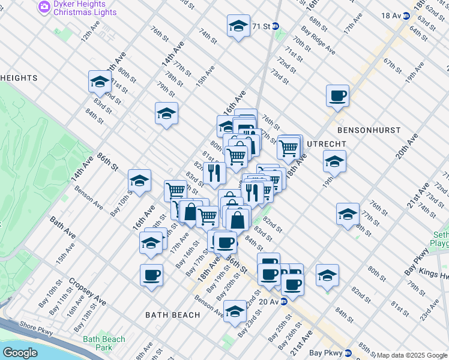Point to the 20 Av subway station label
pos(269,301)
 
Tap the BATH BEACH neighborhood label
pos(173,315)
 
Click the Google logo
pos(20,353)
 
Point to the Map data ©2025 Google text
pos(412,355)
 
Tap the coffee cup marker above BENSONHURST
pos(337,95)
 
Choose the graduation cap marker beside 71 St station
pos(238,26)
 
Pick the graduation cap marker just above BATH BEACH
pos(235,311)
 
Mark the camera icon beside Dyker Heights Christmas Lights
pos(44,7)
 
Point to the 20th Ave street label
pos(406,146)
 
